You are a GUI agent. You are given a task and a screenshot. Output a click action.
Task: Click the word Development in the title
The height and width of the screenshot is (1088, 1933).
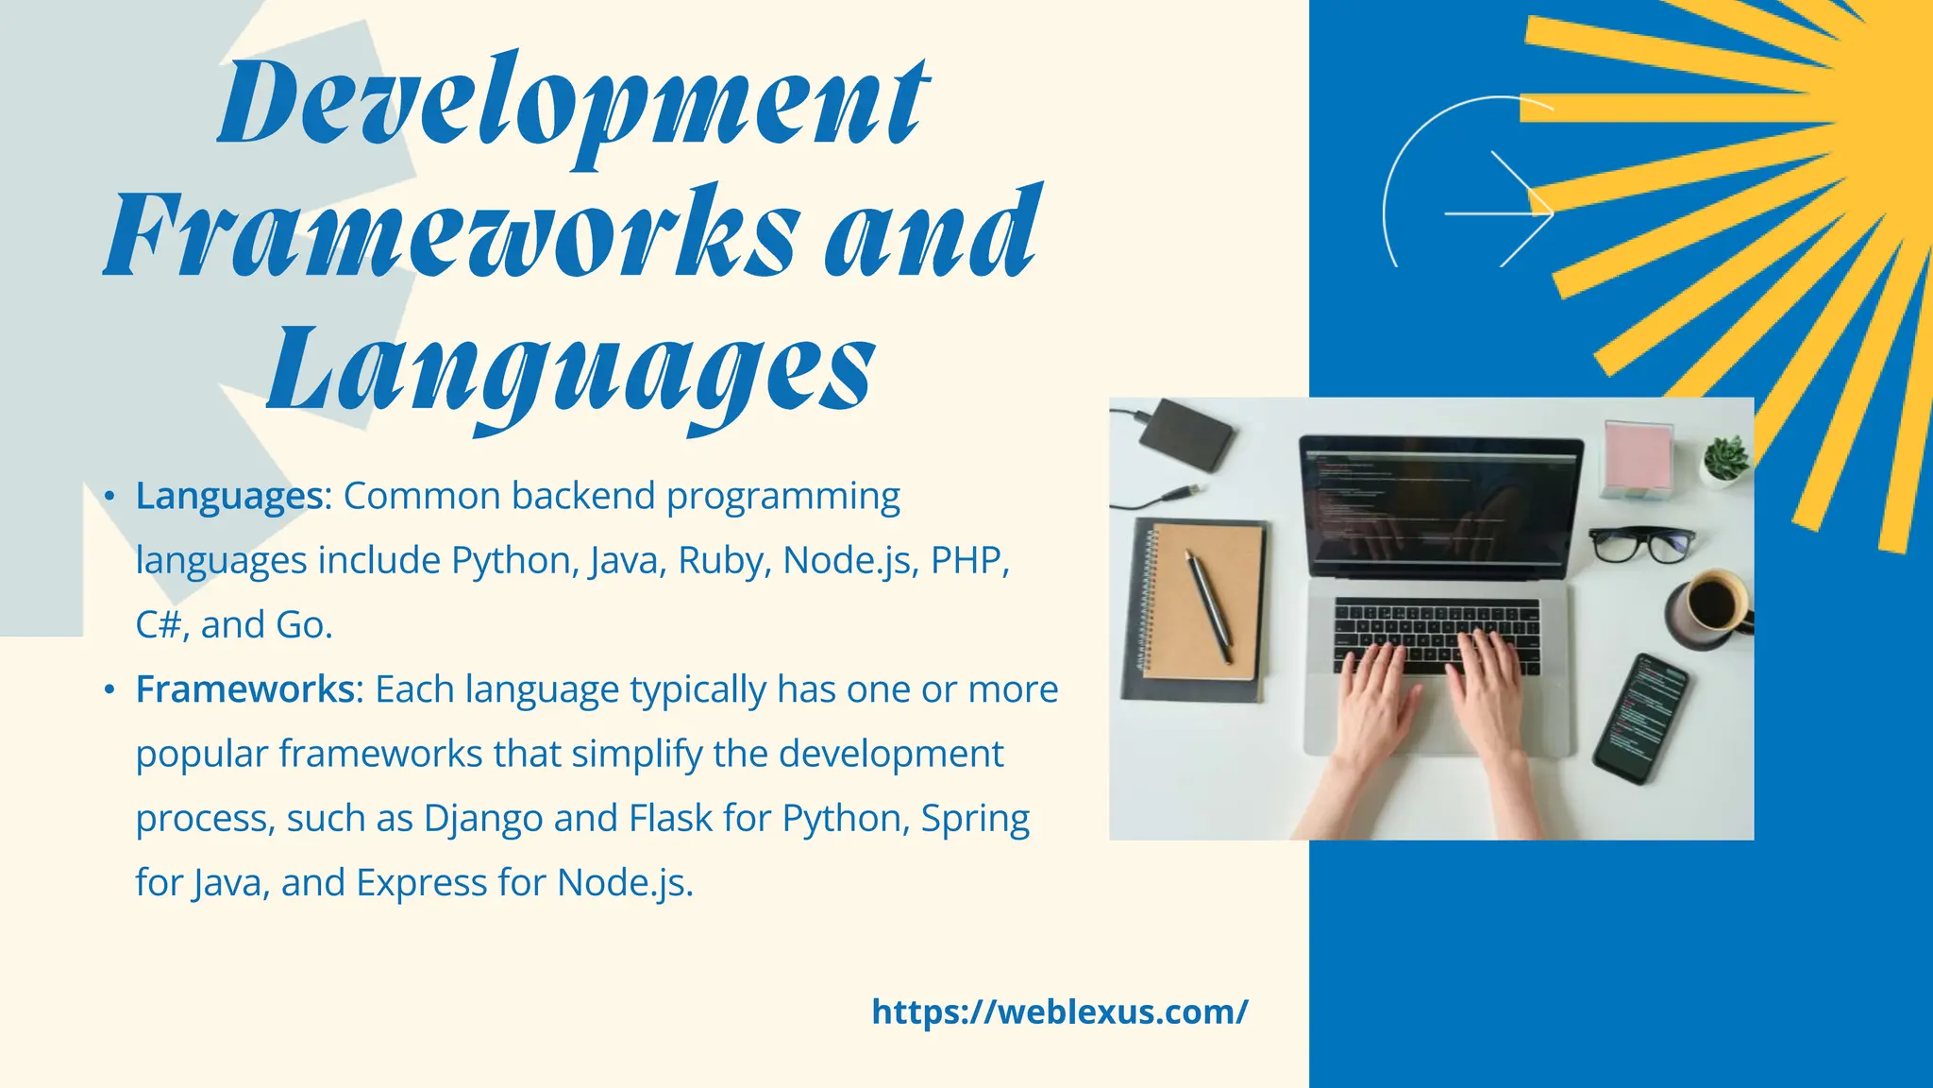point(573,104)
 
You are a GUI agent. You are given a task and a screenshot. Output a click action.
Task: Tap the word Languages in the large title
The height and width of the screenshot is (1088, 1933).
point(571,370)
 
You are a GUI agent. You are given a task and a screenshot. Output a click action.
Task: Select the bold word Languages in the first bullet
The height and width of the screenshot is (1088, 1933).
point(229,496)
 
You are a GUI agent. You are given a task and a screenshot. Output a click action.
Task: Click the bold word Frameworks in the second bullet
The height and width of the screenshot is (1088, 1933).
point(244,689)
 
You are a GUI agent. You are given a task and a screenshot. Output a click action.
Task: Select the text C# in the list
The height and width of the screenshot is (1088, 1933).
point(158,625)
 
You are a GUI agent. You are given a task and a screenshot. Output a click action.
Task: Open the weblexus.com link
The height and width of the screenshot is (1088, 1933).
point(1059,1011)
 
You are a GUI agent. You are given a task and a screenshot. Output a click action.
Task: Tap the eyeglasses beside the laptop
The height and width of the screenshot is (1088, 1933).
point(1640,544)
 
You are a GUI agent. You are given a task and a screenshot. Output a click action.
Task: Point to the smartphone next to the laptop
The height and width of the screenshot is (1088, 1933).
point(1640,718)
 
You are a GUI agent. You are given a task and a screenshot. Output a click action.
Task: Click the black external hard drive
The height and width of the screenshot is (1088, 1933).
point(1186,434)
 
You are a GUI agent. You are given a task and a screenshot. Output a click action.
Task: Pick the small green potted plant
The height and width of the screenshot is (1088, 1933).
point(1726,459)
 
